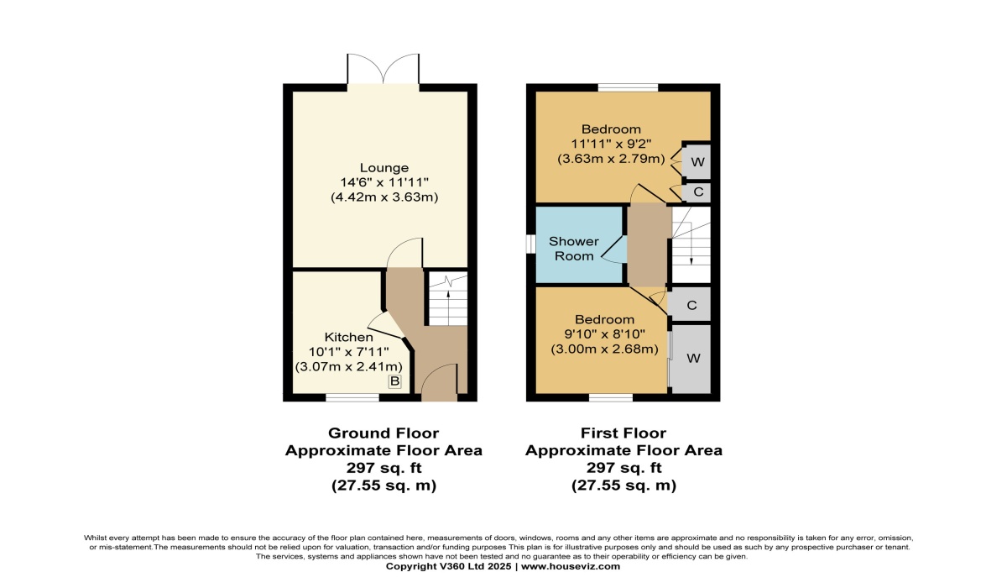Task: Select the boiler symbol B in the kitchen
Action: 394,382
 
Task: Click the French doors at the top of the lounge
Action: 383,76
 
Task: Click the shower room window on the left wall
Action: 531,243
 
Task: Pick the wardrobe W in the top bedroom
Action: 697,160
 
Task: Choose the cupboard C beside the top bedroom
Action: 697,192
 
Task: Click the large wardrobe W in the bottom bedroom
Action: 692,358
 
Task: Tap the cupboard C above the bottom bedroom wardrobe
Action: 691,305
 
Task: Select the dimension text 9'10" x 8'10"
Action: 603,334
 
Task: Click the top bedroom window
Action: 628,86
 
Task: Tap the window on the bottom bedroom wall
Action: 610,397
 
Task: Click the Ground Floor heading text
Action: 383,433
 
